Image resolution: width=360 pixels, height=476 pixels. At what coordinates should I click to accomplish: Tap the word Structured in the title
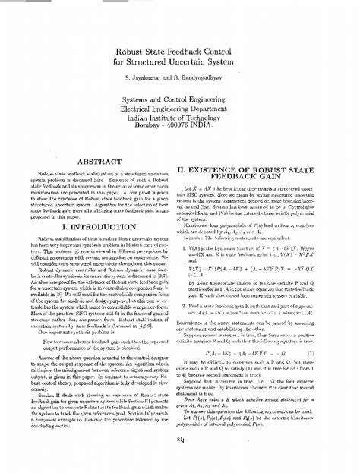click(x=159, y=63)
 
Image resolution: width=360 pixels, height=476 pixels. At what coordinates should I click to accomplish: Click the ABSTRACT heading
click(x=100, y=162)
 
